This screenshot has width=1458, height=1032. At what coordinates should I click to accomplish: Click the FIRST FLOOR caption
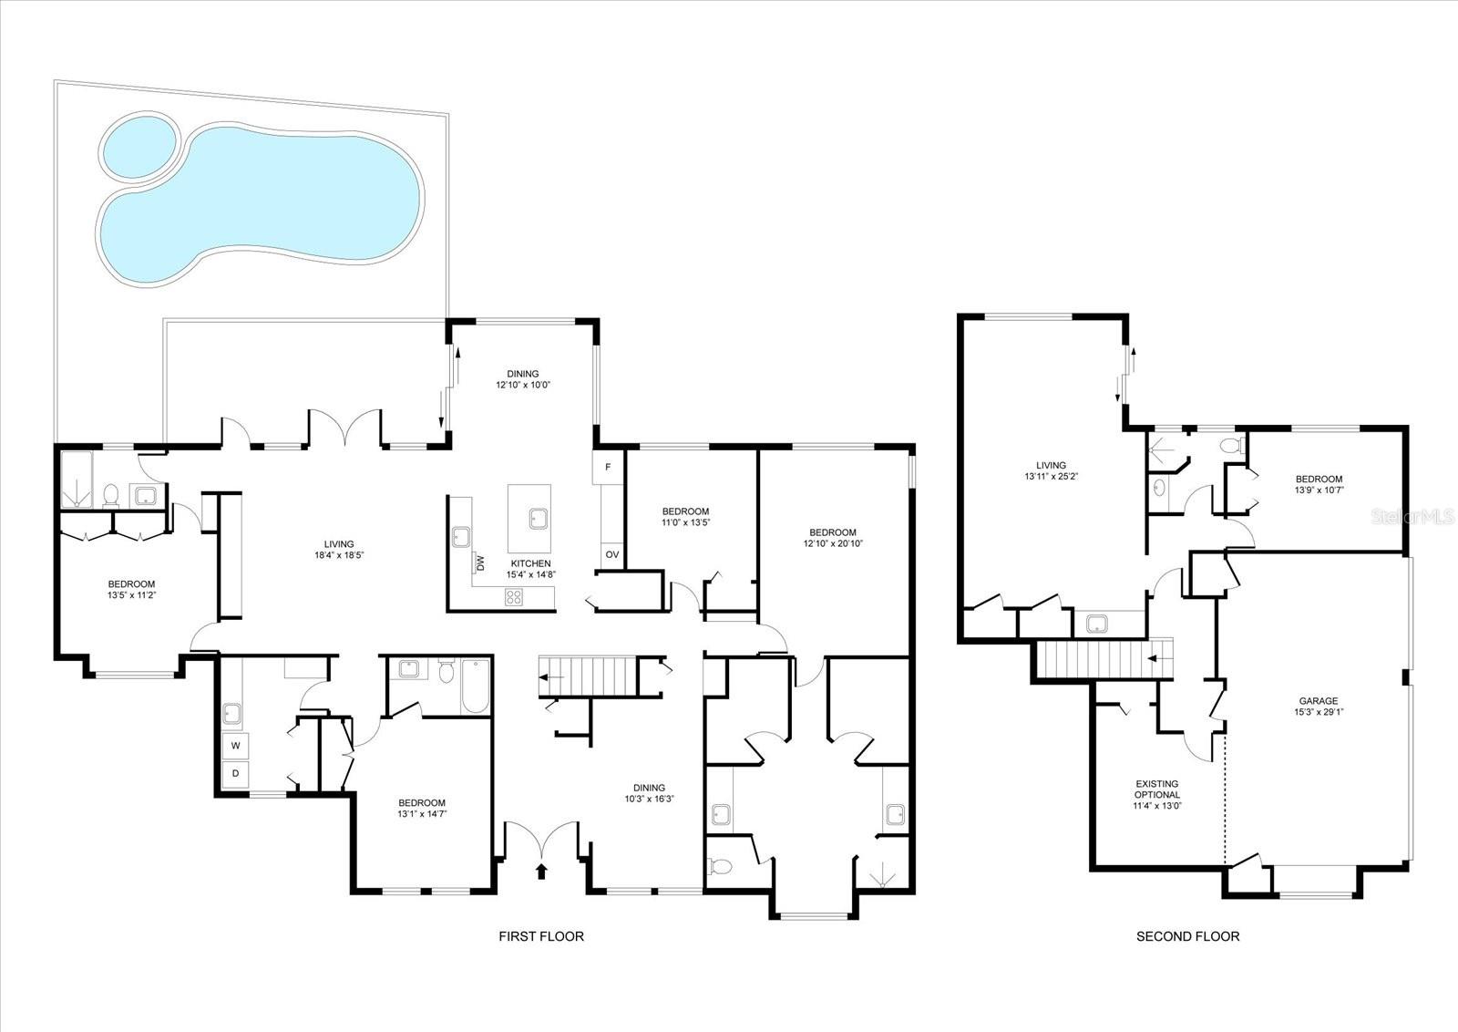(541, 936)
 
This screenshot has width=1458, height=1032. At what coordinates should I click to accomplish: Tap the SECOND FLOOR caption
(1188, 936)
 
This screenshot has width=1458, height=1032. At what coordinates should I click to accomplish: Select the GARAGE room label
(1319, 700)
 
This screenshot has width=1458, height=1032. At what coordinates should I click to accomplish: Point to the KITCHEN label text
(530, 563)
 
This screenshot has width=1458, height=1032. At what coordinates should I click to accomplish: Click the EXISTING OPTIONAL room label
(1157, 789)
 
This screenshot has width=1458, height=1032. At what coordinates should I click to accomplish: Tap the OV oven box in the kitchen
(611, 554)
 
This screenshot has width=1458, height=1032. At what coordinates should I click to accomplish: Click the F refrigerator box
(608, 468)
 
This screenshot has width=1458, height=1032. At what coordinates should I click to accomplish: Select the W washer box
(236, 746)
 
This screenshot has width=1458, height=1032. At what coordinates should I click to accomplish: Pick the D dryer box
(236, 774)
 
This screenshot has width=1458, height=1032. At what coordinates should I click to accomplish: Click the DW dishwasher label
(480, 562)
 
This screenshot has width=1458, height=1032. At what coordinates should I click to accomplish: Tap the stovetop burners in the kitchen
(514, 597)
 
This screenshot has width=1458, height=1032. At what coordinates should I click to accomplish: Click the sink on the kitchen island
(539, 519)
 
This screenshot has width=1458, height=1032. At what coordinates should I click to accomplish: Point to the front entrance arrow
(541, 872)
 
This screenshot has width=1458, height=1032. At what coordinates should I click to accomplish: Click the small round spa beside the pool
(139, 147)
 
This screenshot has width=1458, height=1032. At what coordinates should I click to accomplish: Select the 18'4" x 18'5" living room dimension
(339, 555)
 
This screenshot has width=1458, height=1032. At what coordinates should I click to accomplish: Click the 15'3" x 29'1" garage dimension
(1319, 712)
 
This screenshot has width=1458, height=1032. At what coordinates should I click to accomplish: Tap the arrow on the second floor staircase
(1155, 658)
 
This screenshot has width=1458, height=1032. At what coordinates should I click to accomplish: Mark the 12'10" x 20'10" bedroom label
(833, 543)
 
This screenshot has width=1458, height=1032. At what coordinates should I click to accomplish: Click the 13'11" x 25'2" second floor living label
(1052, 476)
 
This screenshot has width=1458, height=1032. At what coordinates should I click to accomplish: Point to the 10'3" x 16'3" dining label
(649, 799)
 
